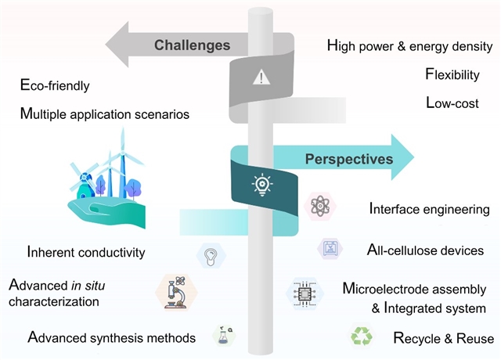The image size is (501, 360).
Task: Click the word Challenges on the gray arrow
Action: tap(192, 45)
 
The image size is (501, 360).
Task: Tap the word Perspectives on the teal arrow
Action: tap(348, 159)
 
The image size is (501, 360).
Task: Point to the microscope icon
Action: tap(176, 291)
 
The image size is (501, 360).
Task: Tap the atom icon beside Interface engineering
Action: tap(319, 207)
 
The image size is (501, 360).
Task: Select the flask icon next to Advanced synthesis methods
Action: tap(225, 335)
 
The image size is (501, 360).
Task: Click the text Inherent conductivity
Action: tap(86, 253)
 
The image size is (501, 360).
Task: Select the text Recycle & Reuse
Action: tap(443, 339)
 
